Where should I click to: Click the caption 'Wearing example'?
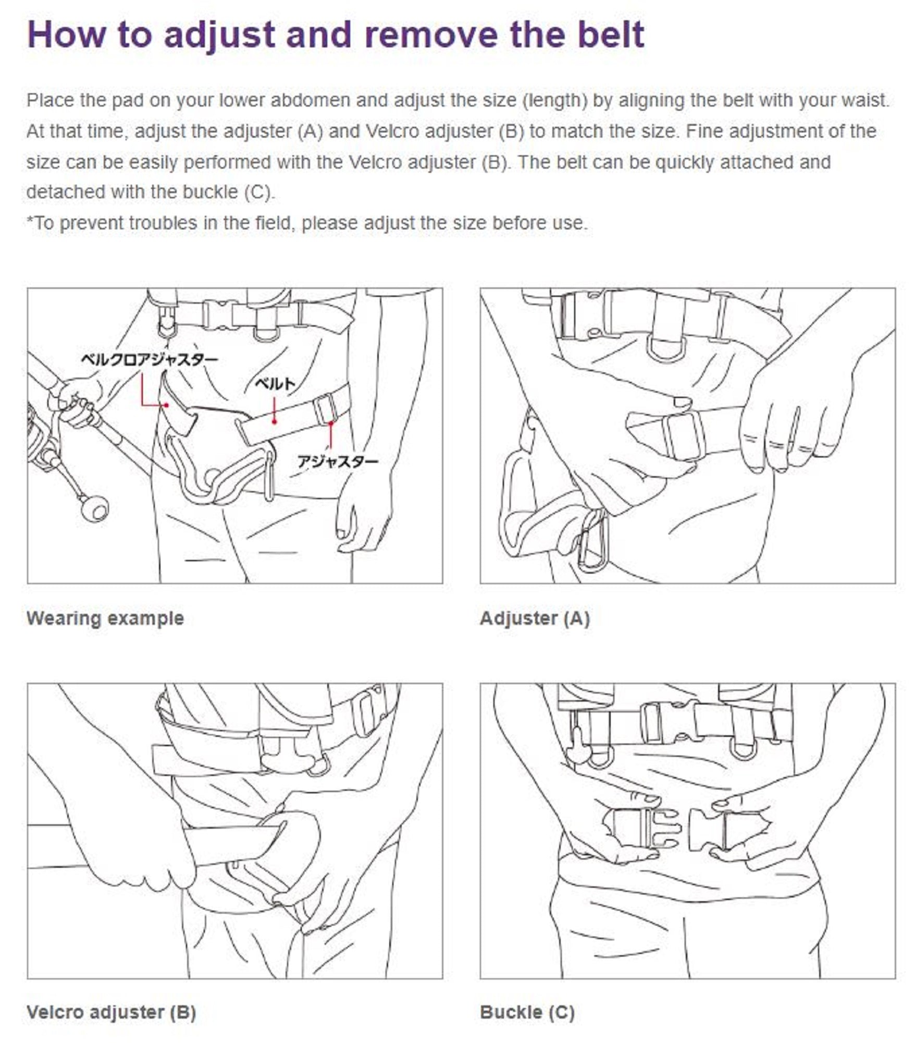click(105, 618)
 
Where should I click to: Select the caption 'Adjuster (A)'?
click(535, 618)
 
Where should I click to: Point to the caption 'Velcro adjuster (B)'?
click(112, 1012)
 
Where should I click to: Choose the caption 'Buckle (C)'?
click(527, 1012)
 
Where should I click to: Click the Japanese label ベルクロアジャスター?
click(149, 359)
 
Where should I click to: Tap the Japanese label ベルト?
click(275, 384)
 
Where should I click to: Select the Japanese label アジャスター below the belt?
click(338, 461)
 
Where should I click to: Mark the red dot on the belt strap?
click(274, 420)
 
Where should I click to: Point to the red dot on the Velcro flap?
click(166, 405)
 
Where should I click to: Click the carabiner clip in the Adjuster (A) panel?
click(594, 540)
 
